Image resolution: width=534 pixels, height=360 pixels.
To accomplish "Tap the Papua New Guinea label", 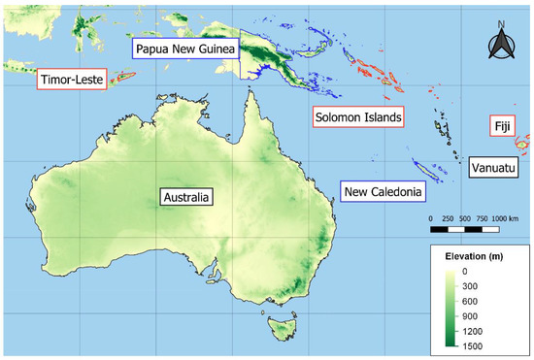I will pyautogui.click(x=185, y=50).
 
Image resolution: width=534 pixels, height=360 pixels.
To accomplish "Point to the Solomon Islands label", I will pyautogui.click(x=358, y=116).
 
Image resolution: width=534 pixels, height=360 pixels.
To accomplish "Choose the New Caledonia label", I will pyautogui.click(x=384, y=192).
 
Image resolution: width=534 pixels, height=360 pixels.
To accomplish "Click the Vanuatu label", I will pyautogui.click(x=493, y=167).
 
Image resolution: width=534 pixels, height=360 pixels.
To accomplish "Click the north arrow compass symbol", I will pyautogui.click(x=502, y=42).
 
